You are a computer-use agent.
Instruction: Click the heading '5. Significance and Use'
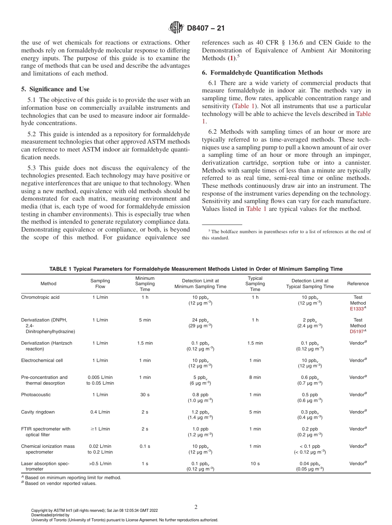55,89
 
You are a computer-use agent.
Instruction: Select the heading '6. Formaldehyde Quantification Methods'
262,73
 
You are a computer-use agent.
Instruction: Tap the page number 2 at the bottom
196,507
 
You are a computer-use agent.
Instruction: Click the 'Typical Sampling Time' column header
255,284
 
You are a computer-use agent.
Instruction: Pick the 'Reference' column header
358,284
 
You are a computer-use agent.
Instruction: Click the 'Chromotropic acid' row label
40,297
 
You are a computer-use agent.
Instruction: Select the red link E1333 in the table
357,308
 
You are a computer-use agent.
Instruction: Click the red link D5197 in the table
357,331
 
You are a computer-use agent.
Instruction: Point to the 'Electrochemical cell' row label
42,360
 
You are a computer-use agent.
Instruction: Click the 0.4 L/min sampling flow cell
100,412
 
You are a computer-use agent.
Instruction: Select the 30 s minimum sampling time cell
145,395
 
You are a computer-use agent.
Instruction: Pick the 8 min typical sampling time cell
255,377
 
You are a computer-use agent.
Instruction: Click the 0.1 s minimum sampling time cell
145,446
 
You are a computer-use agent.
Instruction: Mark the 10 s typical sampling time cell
255,464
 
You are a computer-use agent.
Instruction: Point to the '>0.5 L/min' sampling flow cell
100,464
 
